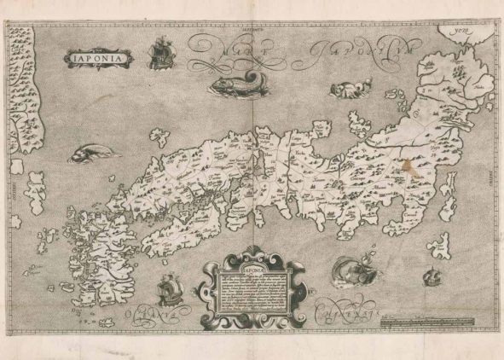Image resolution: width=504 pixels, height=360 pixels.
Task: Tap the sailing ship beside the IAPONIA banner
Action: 157,54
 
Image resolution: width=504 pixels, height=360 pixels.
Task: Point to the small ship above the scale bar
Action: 434,276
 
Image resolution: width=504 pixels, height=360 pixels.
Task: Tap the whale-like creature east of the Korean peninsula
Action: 87,154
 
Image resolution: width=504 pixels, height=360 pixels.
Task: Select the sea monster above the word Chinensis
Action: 350,271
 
